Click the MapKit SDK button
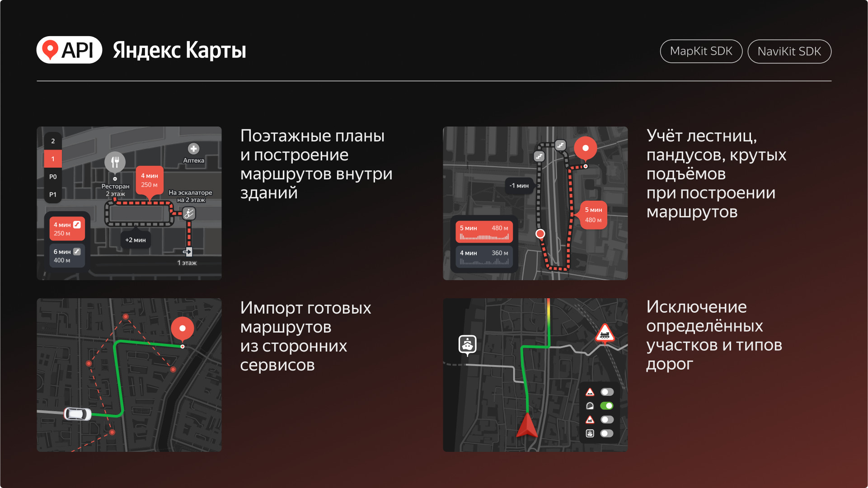tap(701, 52)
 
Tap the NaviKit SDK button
tap(789, 52)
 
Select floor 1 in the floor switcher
tap(53, 159)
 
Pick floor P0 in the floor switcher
tap(53, 177)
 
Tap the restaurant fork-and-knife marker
tap(115, 162)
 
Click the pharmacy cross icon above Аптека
tap(193, 149)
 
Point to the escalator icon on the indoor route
tap(189, 213)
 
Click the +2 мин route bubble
tap(136, 240)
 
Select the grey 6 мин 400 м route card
tap(67, 256)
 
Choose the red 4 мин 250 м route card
tap(67, 229)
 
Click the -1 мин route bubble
tap(519, 186)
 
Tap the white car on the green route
tap(78, 414)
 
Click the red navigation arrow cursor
tap(526, 425)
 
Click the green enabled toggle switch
tap(607, 406)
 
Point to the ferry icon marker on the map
tap(468, 344)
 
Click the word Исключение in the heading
tap(696, 307)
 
